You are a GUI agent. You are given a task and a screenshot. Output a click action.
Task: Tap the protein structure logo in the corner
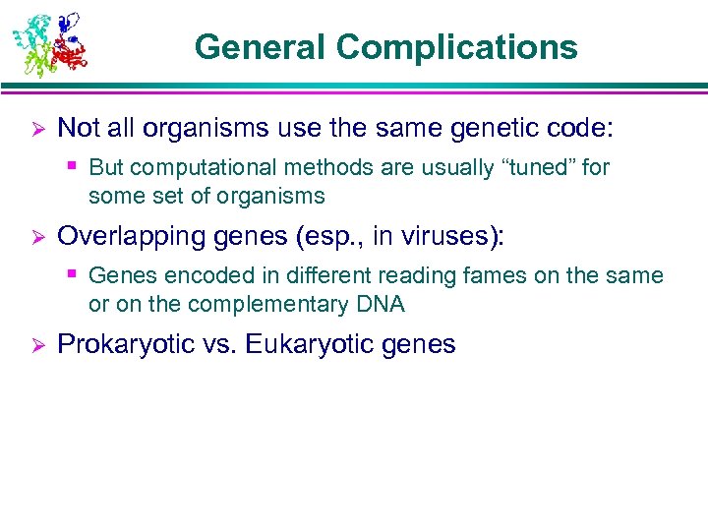[48, 43]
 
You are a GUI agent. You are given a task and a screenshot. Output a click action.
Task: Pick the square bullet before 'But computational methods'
[74, 166]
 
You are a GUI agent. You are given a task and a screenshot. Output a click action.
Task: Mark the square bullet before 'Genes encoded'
[74, 274]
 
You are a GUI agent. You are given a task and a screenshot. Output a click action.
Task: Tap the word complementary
[272, 305]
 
